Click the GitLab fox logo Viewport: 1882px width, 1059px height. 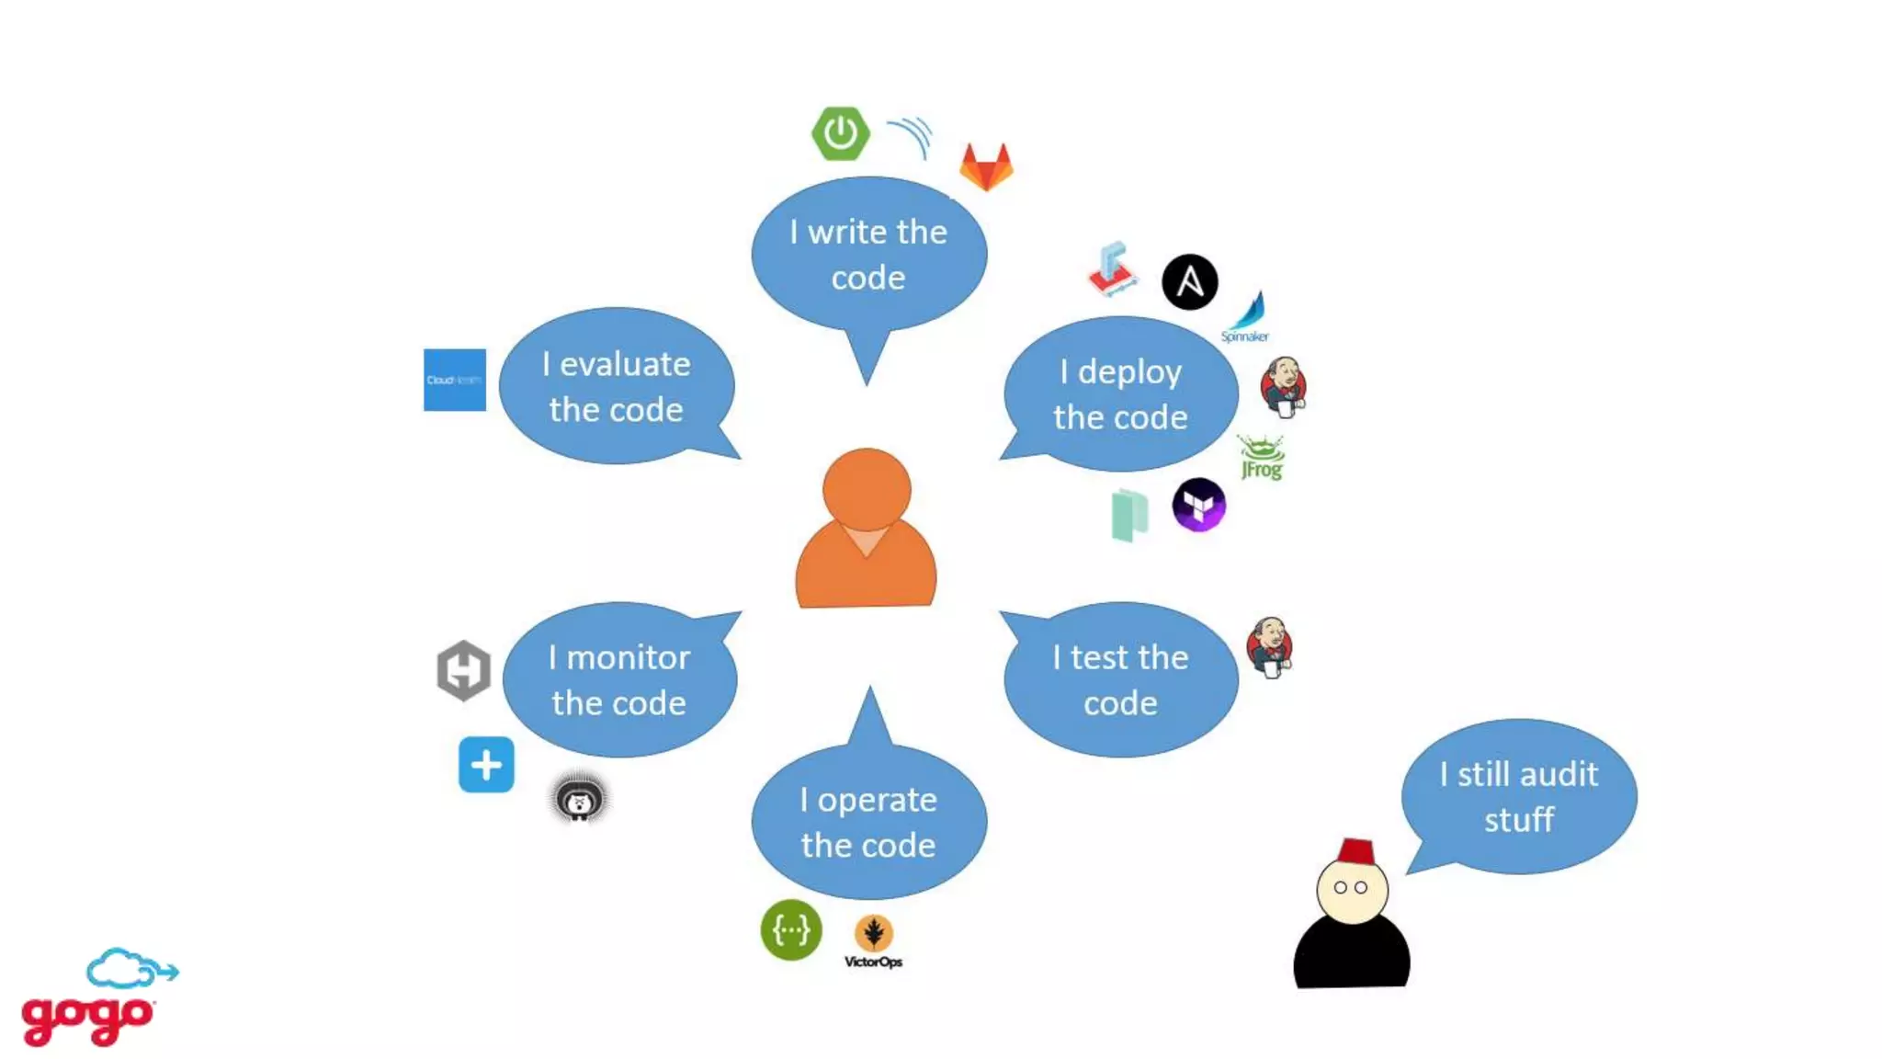pos(986,167)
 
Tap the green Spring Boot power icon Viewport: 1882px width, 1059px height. pos(840,134)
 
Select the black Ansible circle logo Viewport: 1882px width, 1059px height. pos(1189,282)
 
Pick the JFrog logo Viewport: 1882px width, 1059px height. pos(1261,458)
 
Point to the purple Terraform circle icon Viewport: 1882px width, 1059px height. pos(1198,505)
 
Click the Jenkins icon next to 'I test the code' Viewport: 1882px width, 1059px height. pos(1270,647)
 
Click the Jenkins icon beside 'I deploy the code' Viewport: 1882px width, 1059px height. pos(1283,387)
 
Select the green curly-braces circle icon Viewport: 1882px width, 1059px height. pos(790,930)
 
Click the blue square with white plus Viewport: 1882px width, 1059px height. pos(486,764)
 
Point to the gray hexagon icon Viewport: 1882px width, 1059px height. pos(463,670)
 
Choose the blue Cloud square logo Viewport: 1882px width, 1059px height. pos(455,380)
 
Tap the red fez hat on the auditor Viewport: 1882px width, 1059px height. pos(1356,851)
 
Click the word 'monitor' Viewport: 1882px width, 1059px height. pos(628,658)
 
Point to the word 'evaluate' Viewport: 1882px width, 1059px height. pos(625,365)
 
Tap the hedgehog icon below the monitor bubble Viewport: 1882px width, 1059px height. pos(579,799)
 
